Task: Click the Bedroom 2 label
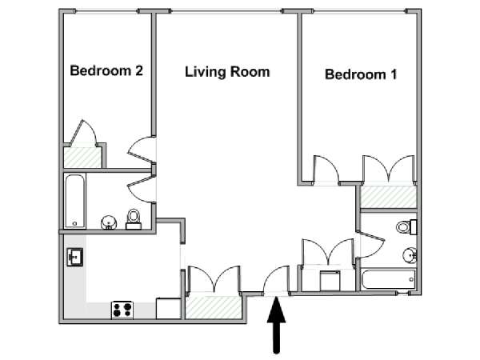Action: (106, 70)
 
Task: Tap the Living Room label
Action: (227, 72)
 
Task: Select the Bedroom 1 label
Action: (361, 74)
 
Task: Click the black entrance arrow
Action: (277, 325)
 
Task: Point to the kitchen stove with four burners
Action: (122, 310)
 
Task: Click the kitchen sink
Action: (75, 257)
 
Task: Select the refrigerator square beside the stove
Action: (168, 309)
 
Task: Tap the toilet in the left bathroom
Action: (134, 219)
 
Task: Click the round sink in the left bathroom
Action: (109, 222)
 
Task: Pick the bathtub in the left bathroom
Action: (75, 201)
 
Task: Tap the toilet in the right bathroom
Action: (406, 227)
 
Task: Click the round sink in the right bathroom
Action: (410, 254)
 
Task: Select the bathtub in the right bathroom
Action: (388, 279)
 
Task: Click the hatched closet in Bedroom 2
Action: (82, 158)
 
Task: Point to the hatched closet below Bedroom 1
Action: (389, 197)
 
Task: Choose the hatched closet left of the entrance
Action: (214, 307)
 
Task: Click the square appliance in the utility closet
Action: (330, 281)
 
